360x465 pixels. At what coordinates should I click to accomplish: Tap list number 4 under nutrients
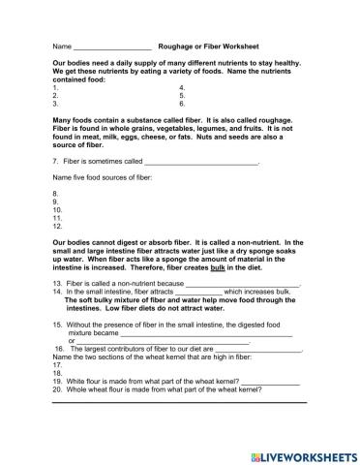[x=182, y=87]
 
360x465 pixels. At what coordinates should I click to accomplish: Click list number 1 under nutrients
[x=55, y=87]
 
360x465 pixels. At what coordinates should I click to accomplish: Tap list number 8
[x=56, y=194]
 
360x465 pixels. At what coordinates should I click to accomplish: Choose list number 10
[x=57, y=209]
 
